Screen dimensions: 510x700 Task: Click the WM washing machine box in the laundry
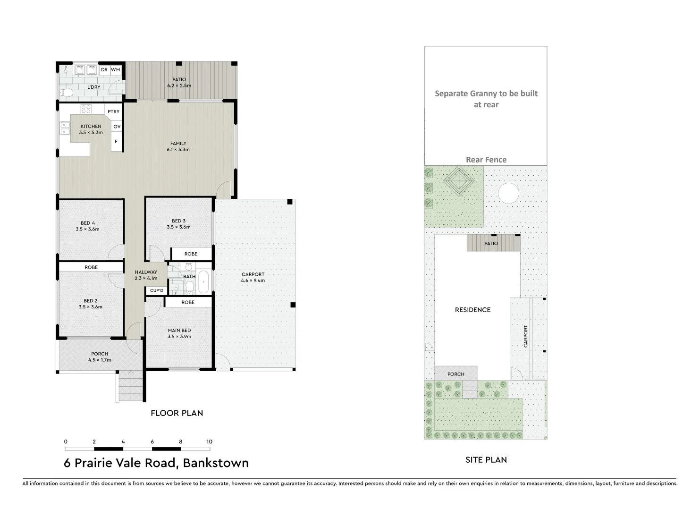coord(116,70)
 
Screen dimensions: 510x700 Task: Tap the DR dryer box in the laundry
coord(104,70)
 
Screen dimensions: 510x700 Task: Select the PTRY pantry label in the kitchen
coord(113,112)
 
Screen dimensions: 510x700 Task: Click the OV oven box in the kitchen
coord(117,127)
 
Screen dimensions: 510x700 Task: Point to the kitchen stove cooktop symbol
coord(86,109)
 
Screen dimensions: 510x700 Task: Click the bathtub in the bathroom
coord(204,282)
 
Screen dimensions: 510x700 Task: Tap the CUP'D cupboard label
coord(156,290)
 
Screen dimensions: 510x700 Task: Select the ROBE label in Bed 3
coord(191,254)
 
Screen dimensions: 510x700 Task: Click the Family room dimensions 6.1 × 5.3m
coord(178,150)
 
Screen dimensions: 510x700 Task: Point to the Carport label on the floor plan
coord(253,274)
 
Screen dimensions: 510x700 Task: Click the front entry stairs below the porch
coord(130,386)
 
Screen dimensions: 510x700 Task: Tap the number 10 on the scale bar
coord(209,442)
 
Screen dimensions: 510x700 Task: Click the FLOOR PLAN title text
coord(177,413)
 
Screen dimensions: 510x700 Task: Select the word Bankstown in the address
coord(216,463)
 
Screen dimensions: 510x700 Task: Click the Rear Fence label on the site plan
coord(486,160)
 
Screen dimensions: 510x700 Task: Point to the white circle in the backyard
coord(508,194)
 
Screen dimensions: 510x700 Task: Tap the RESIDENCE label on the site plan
coord(472,310)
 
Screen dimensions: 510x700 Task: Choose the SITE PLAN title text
coord(486,459)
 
